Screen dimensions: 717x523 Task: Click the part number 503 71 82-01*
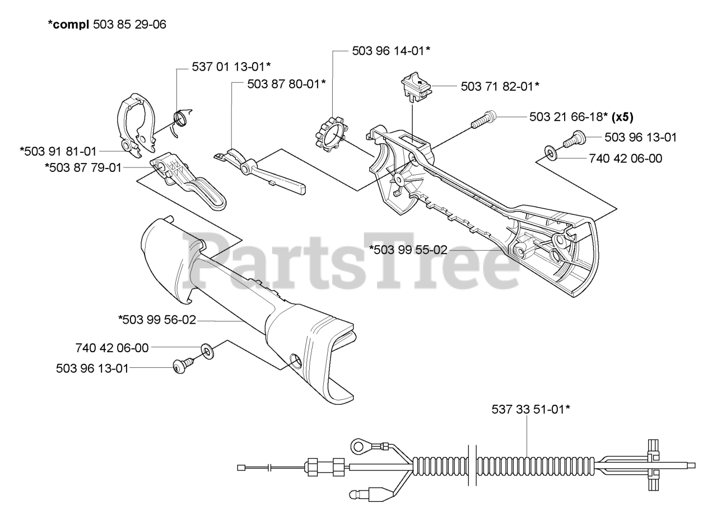click(500, 86)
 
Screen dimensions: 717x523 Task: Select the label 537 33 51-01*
click(530, 409)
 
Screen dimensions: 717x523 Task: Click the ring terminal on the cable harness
click(358, 446)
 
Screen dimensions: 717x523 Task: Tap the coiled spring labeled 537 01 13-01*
click(180, 120)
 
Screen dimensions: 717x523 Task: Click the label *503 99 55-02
click(408, 250)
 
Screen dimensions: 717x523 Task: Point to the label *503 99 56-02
click(157, 320)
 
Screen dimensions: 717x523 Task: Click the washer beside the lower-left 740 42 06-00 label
click(207, 352)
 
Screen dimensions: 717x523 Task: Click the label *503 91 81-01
click(58, 151)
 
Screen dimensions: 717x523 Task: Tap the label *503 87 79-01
click(83, 167)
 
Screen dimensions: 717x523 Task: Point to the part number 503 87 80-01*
click(286, 84)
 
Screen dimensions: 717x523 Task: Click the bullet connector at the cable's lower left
click(357, 495)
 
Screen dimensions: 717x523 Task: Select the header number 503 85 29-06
click(129, 25)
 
